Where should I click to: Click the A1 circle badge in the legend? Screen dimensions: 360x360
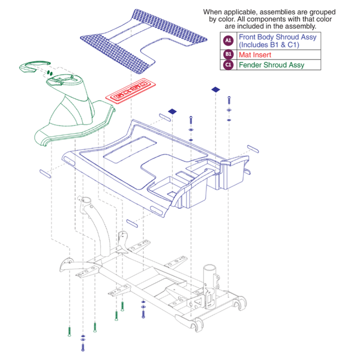pyautogui.click(x=227, y=41)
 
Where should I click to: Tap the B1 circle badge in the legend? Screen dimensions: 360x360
pyautogui.click(x=227, y=54)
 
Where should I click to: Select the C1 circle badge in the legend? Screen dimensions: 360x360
pyautogui.click(x=227, y=65)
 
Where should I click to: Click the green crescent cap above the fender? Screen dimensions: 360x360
pyautogui.click(x=38, y=65)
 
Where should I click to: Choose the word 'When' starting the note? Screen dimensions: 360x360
pyautogui.click(x=213, y=11)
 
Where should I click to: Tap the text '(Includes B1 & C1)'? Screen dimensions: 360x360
pyautogui.click(x=269, y=45)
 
